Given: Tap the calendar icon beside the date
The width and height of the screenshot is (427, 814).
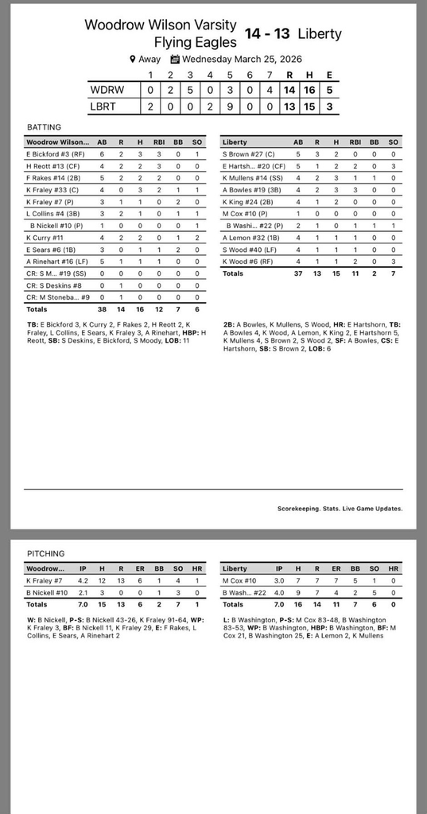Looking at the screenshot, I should [175, 59].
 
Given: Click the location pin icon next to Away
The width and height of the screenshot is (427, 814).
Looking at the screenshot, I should [133, 59].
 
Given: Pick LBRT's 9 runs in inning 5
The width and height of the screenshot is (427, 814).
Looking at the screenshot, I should [230, 106].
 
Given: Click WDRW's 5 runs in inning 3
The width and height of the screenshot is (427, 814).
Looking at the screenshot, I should [190, 90].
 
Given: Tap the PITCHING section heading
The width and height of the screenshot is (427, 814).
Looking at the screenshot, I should [45, 553].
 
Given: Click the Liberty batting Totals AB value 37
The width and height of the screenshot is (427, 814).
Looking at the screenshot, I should [297, 273].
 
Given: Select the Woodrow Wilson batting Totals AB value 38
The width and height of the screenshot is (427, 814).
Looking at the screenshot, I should [102, 308].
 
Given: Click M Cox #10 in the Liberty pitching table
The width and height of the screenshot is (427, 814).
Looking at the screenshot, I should [239, 581].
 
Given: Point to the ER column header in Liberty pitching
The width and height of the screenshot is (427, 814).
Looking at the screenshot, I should [336, 569].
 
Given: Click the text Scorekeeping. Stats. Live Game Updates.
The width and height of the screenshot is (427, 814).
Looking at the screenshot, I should [340, 508].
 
